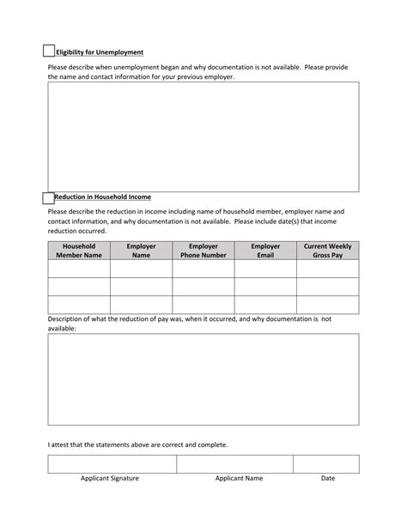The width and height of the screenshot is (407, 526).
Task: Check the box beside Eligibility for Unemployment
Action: [49, 51]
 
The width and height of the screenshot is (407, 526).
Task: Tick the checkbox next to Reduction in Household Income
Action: [48, 197]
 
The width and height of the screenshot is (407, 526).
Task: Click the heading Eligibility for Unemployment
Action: [99, 52]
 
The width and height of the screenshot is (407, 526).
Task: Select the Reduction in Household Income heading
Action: [102, 197]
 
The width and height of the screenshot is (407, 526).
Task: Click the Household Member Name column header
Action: [79, 250]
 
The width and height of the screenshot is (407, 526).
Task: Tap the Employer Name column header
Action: [141, 250]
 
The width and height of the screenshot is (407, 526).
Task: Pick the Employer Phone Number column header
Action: [203, 250]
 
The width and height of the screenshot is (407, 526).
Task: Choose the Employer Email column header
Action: [265, 250]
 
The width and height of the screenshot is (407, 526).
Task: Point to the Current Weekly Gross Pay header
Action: [328, 250]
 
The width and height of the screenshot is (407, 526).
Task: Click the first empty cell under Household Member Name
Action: [79, 269]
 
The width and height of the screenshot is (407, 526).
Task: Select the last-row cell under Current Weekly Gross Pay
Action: [328, 305]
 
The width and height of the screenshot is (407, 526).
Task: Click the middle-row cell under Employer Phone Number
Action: [203, 287]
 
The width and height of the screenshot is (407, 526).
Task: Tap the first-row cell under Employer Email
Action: [265, 269]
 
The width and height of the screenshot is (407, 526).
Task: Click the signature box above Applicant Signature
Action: [112, 463]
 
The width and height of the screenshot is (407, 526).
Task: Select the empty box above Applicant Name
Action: [234, 463]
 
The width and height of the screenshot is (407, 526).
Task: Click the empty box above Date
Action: [326, 463]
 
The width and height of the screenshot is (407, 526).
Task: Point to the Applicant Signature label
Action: [110, 479]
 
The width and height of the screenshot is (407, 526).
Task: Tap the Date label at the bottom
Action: [328, 479]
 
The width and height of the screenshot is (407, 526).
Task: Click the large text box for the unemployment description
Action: [203, 136]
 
